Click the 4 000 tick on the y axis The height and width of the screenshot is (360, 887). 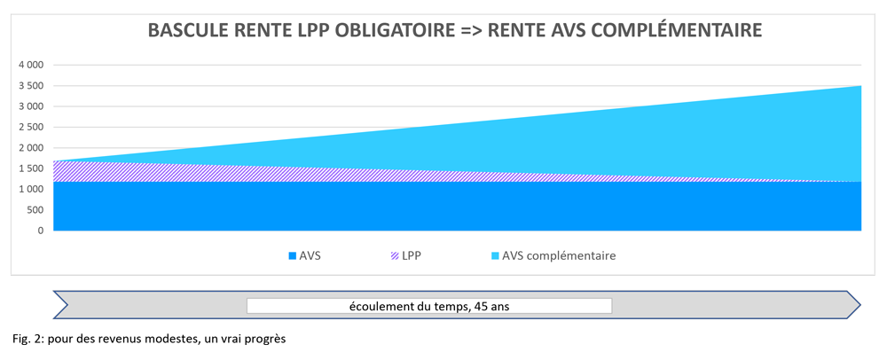[x=30, y=65]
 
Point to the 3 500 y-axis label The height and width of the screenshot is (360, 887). [x=30, y=86]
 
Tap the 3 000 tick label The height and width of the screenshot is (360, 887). [x=30, y=106]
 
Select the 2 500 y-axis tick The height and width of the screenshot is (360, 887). [x=30, y=127]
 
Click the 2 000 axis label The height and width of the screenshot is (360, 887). [x=30, y=148]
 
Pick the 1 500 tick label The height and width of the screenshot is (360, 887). [x=30, y=168]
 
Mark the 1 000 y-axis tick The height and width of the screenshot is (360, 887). [x=30, y=190]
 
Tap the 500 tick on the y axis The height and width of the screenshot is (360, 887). [x=35, y=210]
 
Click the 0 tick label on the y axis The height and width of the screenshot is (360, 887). [x=40, y=231]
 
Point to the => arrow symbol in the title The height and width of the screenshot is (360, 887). [x=474, y=30]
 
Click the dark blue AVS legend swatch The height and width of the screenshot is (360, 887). [x=292, y=256]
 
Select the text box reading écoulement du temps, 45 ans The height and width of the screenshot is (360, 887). [x=429, y=306]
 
